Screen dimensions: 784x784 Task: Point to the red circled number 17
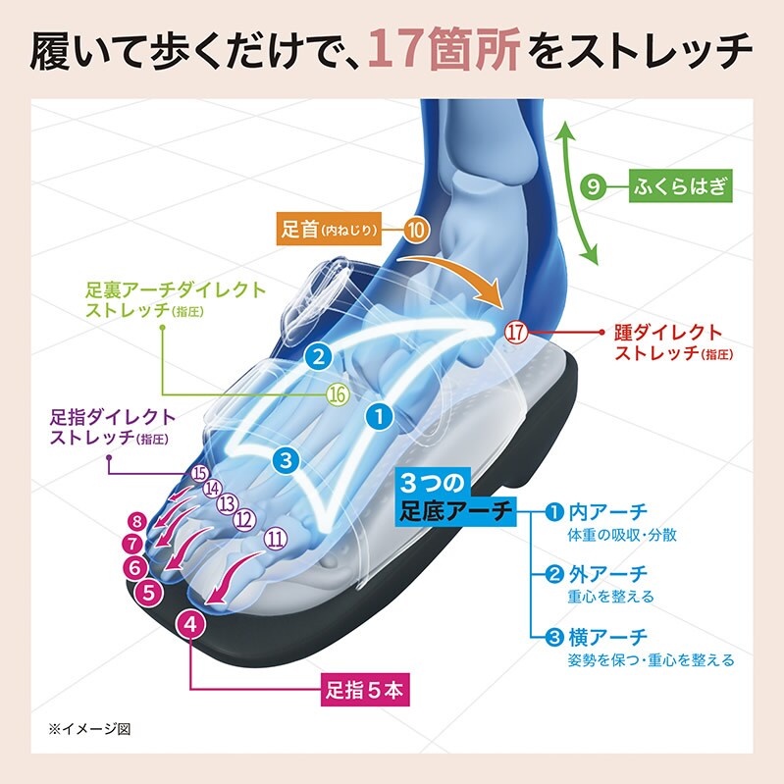[x=516, y=332]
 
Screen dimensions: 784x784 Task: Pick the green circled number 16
[x=338, y=394]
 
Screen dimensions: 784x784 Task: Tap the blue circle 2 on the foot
[x=317, y=355]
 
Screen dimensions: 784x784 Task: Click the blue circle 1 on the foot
[x=378, y=416]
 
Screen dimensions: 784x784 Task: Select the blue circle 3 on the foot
[x=285, y=458]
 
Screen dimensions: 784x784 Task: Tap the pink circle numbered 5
[x=148, y=592]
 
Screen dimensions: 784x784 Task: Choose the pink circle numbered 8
[x=137, y=522]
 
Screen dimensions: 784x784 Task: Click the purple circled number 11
[x=276, y=537]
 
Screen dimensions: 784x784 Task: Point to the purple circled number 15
[x=200, y=474]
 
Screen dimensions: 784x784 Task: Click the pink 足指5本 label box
[x=362, y=689]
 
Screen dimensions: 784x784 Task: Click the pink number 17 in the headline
[x=401, y=51]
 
